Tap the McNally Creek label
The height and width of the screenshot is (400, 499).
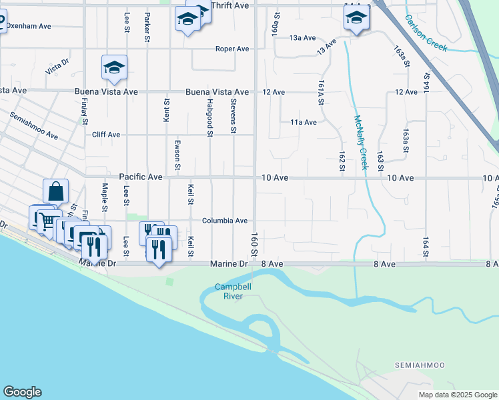(x=360, y=143)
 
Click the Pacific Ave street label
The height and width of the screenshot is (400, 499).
(x=141, y=177)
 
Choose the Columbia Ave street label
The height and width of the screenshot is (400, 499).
(x=225, y=221)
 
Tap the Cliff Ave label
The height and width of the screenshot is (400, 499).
(x=105, y=135)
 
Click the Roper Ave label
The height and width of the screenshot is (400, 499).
(x=231, y=49)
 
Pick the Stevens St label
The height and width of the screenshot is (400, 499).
(x=233, y=116)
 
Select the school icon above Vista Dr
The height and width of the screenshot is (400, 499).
(x=114, y=67)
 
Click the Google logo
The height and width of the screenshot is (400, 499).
(x=22, y=392)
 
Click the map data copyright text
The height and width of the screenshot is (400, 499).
(x=457, y=395)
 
